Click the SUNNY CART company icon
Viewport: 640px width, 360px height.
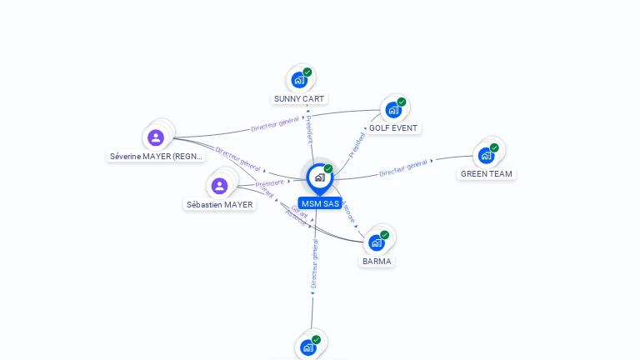click(x=298, y=81)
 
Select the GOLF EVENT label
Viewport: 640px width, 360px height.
click(x=392, y=128)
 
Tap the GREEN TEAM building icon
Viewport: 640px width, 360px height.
click(x=485, y=155)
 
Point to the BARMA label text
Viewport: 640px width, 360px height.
click(x=377, y=262)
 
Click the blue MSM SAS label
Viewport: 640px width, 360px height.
click(x=320, y=204)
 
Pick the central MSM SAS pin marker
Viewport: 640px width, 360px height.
click(x=319, y=177)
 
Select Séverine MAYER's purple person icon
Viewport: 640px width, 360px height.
click(x=155, y=137)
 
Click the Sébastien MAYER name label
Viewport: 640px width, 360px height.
click(x=219, y=205)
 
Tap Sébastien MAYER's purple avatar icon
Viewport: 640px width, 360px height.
click(x=219, y=185)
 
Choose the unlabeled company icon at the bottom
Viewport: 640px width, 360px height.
click(x=308, y=347)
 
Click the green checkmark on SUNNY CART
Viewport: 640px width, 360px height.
click(x=307, y=72)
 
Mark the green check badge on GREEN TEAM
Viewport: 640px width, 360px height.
click(x=494, y=147)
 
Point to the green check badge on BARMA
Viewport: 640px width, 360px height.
click(x=384, y=235)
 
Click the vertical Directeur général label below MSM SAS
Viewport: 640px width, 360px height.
click(x=314, y=264)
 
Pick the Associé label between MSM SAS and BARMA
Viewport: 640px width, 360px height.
click(x=349, y=210)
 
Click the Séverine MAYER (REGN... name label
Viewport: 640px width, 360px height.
click(x=157, y=157)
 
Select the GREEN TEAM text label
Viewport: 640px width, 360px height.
click(x=487, y=174)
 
